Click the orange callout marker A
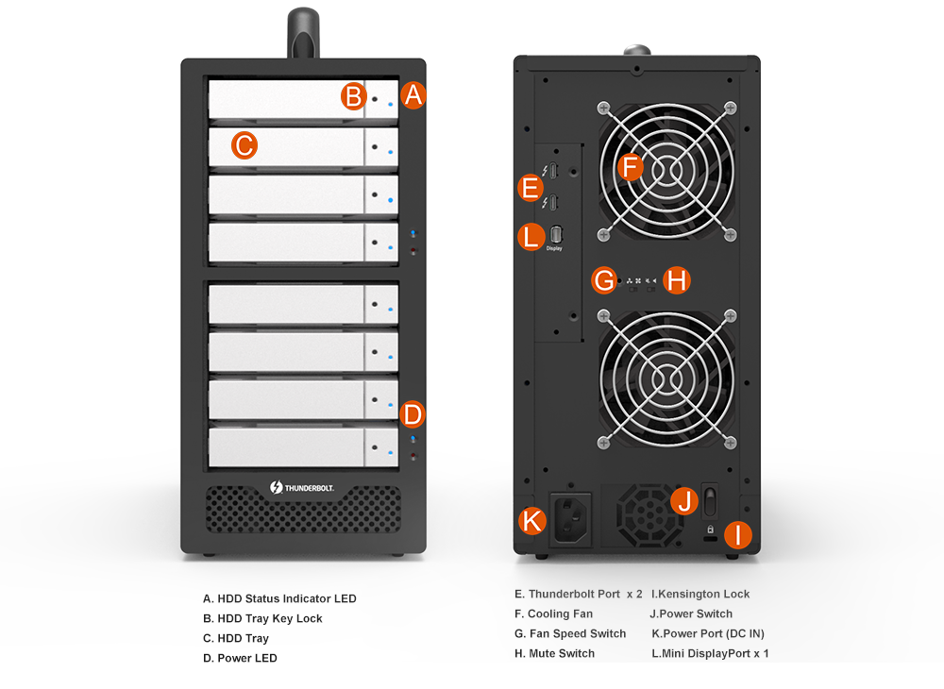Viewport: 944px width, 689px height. click(x=413, y=95)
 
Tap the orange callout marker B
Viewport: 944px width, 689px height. click(x=354, y=96)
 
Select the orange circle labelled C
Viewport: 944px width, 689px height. click(x=244, y=145)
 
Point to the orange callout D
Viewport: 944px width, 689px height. click(x=413, y=414)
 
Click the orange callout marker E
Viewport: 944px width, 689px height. click(x=531, y=188)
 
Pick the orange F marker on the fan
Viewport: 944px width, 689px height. click(x=631, y=167)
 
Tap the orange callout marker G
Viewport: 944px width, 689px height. click(x=604, y=280)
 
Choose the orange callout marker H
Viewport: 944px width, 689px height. click(x=677, y=280)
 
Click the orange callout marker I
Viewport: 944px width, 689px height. click(x=738, y=535)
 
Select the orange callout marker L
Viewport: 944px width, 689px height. click(x=531, y=237)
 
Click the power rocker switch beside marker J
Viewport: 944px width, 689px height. click(x=711, y=500)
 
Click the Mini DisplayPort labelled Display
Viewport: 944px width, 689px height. click(x=556, y=234)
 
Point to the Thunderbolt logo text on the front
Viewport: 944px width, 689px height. click(x=302, y=487)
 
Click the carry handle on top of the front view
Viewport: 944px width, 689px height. click(x=303, y=32)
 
